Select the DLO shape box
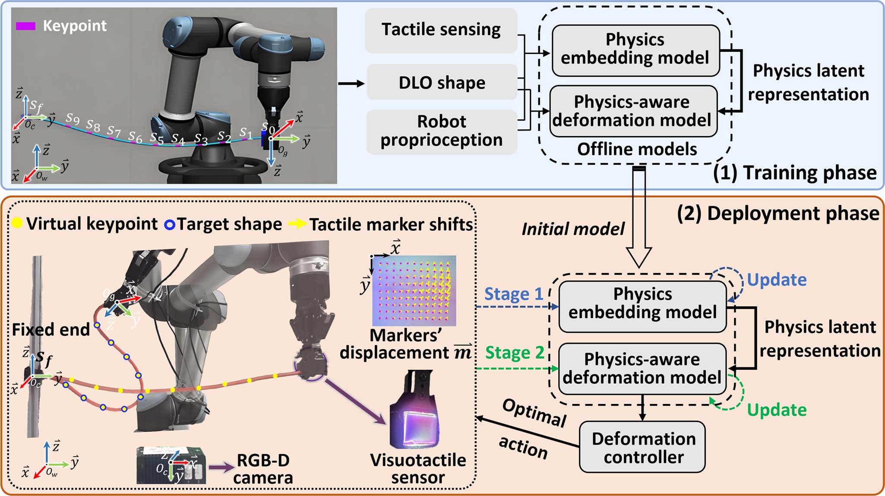click(442, 82)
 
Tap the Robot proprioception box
click(441, 131)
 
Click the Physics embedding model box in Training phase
click(635, 49)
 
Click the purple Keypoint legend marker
click(25, 26)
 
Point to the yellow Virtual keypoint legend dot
click(17, 223)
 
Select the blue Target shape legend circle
click(170, 225)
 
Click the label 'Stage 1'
click(513, 294)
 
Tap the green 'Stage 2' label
click(514, 353)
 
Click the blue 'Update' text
click(776, 280)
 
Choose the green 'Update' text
click(776, 410)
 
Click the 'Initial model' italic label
click(573, 229)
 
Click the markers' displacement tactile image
click(414, 290)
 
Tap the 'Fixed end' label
click(51, 330)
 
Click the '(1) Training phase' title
click(794, 173)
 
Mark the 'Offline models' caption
click(637, 149)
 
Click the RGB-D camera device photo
click(171, 465)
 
